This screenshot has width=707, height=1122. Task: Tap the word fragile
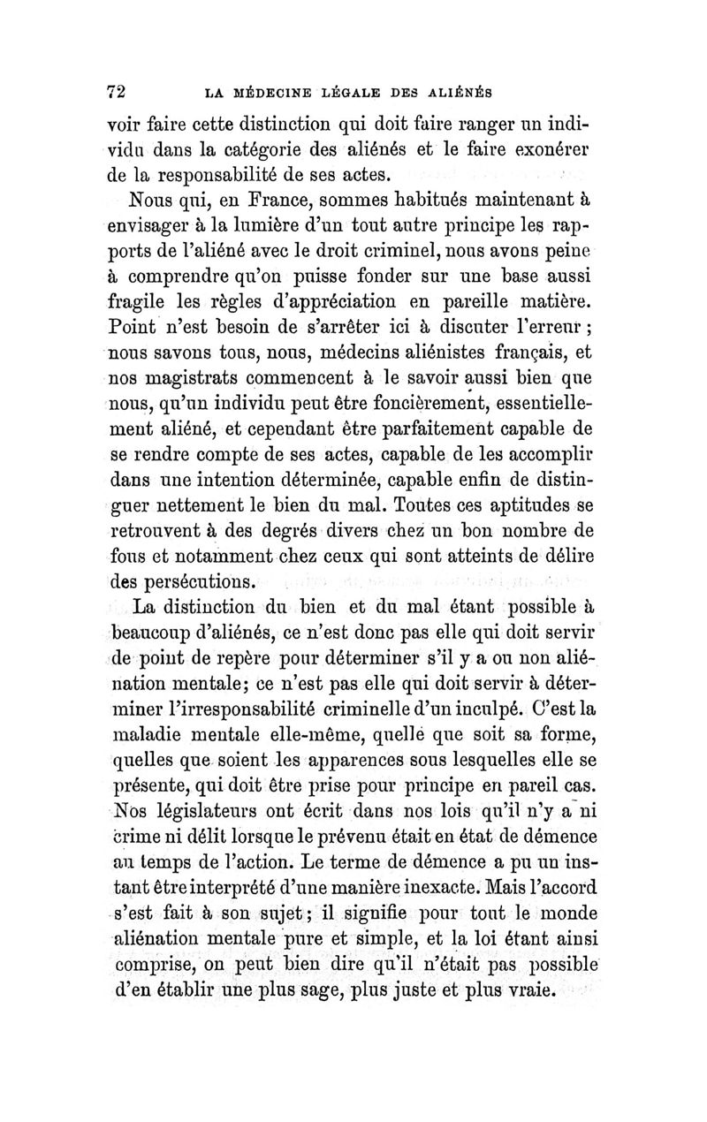138,287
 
